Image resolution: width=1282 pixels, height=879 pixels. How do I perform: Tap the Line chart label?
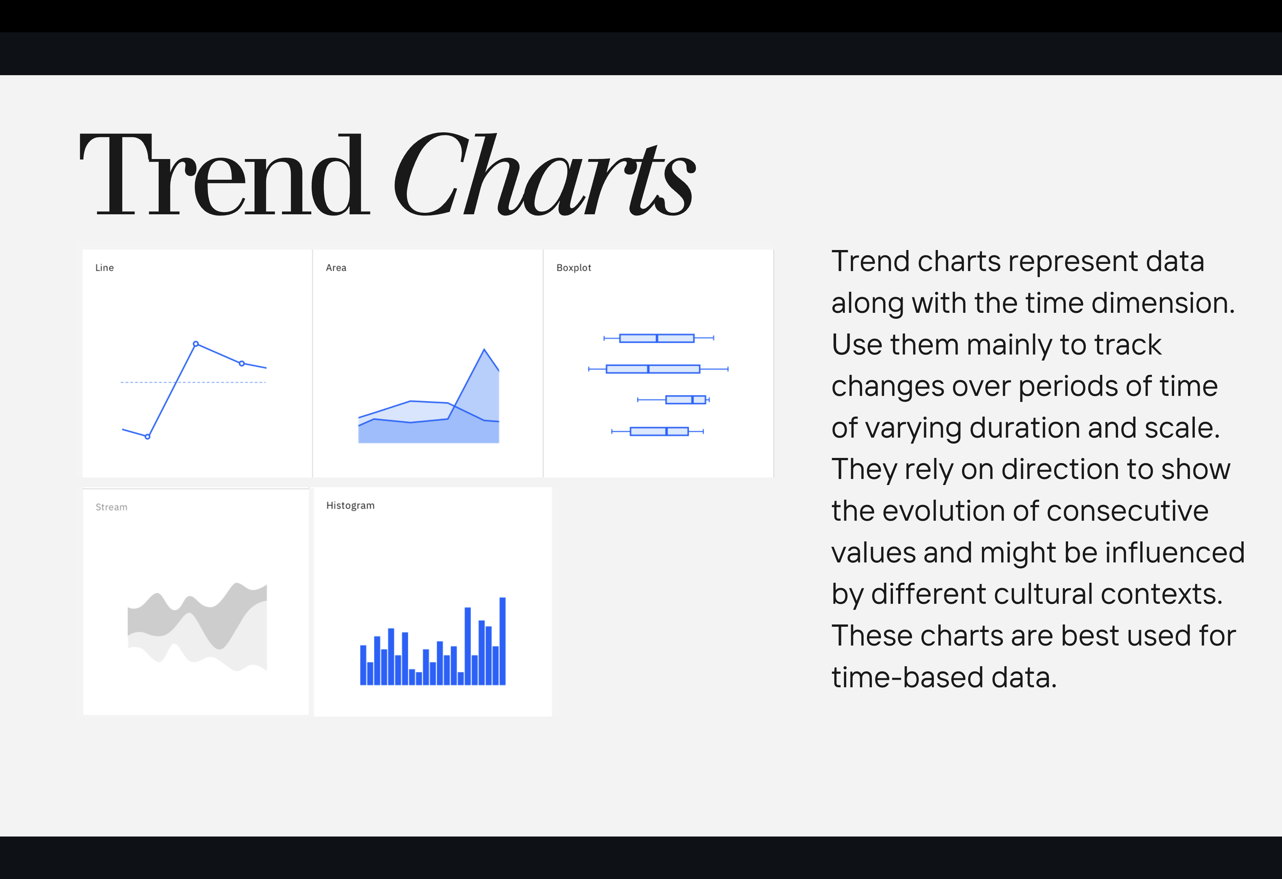(104, 268)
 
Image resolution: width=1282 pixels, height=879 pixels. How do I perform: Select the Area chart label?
(336, 268)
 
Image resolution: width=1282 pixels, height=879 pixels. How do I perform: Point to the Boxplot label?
(574, 268)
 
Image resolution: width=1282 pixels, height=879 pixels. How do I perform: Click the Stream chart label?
(111, 507)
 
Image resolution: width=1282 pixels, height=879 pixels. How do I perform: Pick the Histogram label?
(350, 505)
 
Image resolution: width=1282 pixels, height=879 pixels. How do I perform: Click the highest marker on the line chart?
(196, 344)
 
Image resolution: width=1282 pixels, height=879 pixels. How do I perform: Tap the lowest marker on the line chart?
(147, 436)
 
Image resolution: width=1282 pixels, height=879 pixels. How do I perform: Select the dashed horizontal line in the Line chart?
(193, 382)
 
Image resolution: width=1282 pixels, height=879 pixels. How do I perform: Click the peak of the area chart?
(484, 349)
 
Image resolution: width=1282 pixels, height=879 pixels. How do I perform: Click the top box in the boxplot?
(656, 338)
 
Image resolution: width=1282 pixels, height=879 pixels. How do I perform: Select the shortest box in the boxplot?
(685, 400)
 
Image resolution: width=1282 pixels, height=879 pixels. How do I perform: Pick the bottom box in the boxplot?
(659, 431)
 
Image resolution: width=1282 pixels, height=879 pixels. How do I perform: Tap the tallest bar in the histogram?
(503, 641)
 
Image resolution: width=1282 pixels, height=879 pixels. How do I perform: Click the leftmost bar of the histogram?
(363, 665)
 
